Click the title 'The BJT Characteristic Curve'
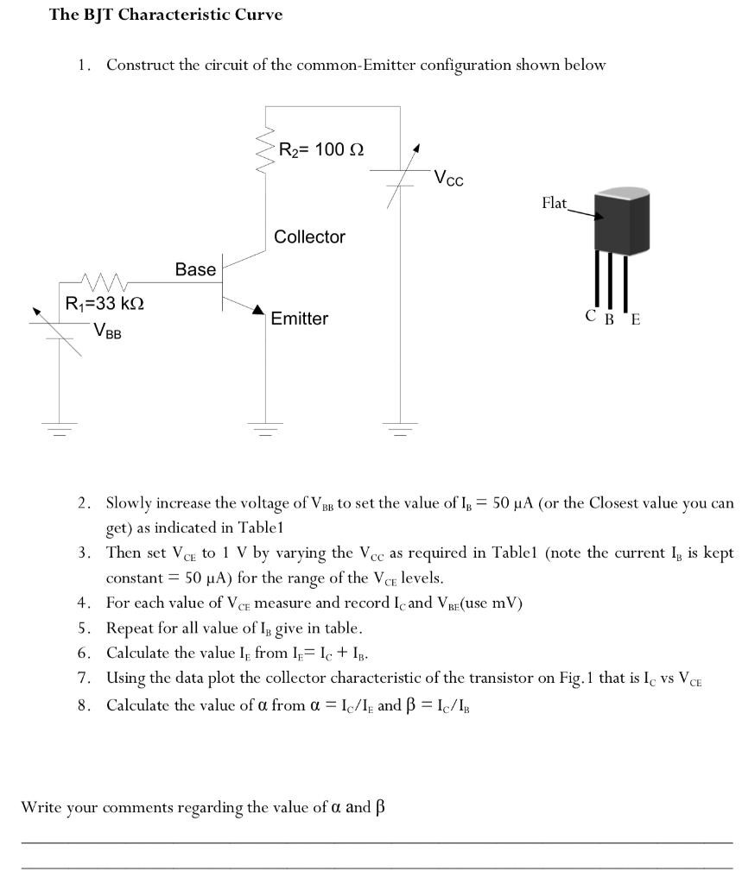tap(166, 16)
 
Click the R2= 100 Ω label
tap(320, 149)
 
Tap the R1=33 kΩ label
tap(105, 304)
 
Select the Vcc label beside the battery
tap(448, 179)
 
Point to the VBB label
tap(108, 329)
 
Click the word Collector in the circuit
tap(309, 237)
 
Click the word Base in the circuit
tap(195, 269)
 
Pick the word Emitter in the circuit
tap(299, 319)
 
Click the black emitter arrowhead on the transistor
tap(257, 310)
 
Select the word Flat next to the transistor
tap(555, 203)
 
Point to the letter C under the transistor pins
tap(590, 316)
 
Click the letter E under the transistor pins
tap(636, 319)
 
